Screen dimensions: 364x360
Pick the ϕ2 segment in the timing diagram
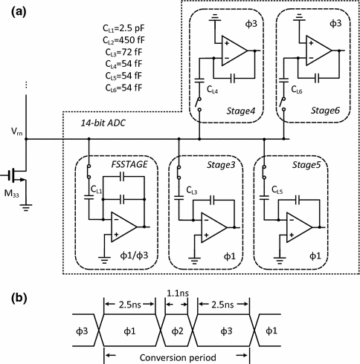click(x=176, y=328)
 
